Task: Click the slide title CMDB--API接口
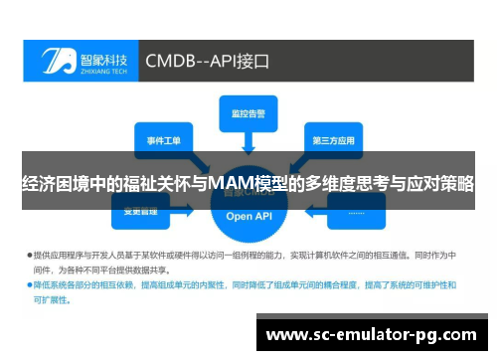(x=208, y=61)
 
